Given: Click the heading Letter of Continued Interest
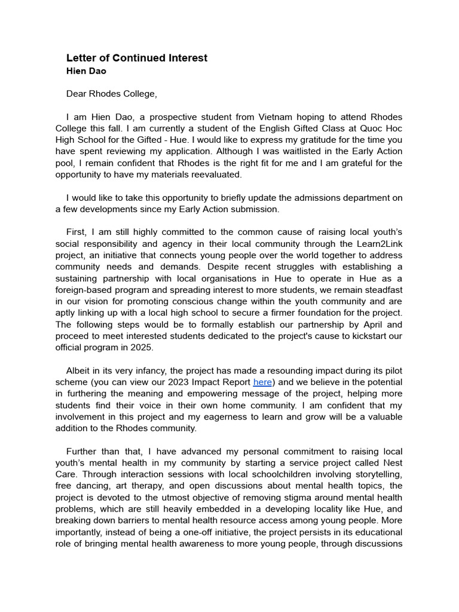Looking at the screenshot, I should (137, 58).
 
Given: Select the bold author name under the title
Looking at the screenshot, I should (87, 71).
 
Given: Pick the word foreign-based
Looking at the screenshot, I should (83, 289).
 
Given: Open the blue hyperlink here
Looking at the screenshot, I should (262, 382).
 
